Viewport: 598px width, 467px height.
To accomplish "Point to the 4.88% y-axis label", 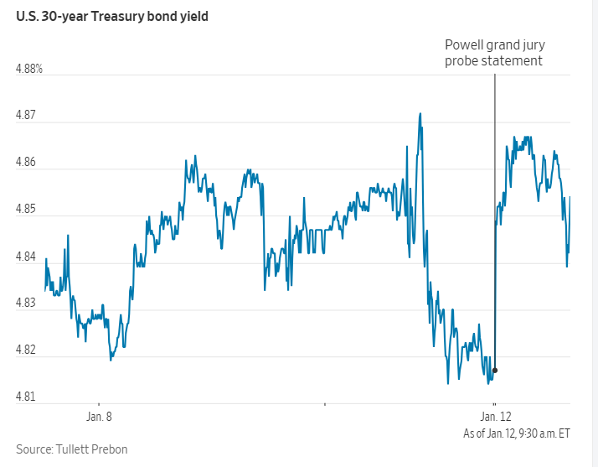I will (29, 69).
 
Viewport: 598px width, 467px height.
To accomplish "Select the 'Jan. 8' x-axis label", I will (99, 416).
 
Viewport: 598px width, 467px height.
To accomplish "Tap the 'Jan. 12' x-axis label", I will (495, 416).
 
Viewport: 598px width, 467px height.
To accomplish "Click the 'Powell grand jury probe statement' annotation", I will (494, 53).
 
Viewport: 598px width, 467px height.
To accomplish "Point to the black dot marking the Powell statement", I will (495, 370).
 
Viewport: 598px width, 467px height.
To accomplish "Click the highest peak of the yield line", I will (420, 114).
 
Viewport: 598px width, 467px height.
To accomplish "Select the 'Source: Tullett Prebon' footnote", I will (72, 449).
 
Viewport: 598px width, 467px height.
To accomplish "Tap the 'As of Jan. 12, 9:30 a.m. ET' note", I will (517, 433).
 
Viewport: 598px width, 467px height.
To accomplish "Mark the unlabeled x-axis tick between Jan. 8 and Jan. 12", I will (324, 403).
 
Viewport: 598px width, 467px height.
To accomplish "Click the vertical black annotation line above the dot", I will (495, 210).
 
